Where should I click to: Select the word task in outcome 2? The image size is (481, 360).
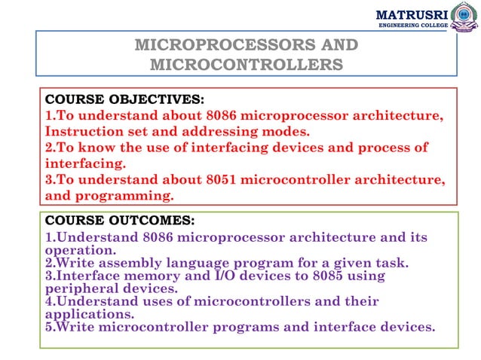(x=391, y=263)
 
